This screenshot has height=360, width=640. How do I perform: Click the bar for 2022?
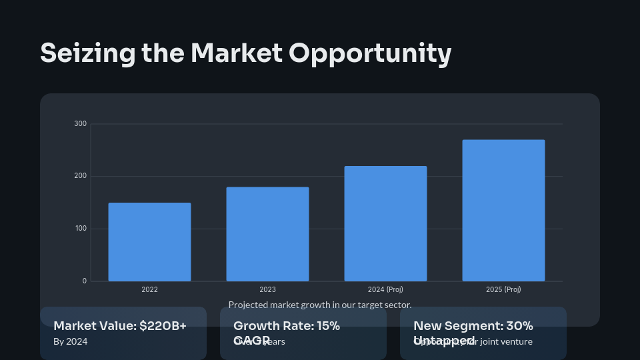[149, 242]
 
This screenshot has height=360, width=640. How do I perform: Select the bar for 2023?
[267, 234]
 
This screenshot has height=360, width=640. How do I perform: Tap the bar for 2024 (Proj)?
[385, 223]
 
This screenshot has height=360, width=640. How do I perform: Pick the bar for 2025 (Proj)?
[503, 210]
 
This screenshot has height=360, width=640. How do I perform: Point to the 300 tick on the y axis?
[80, 124]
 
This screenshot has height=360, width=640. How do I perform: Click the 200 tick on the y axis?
[80, 176]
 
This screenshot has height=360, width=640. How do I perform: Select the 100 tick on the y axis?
[80, 229]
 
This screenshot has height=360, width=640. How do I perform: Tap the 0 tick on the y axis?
[84, 281]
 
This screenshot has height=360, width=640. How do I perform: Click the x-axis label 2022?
[149, 290]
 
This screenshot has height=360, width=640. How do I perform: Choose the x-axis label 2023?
[267, 290]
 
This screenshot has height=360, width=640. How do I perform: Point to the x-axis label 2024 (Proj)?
[385, 290]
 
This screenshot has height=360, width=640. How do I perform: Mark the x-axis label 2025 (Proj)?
[503, 290]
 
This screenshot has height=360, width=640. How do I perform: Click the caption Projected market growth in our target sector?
[320, 305]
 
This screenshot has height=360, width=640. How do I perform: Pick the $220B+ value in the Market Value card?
[163, 326]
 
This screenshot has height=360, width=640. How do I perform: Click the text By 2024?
[70, 341]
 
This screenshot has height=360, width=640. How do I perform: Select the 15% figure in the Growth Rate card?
[325, 326]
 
